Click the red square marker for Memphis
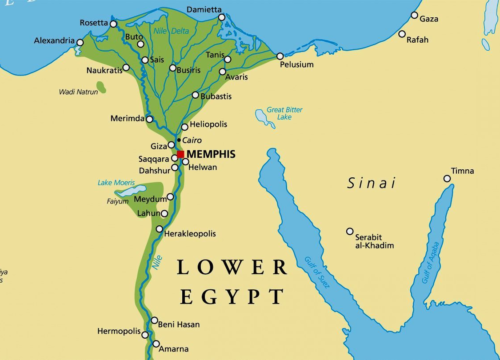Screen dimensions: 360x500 (181, 155)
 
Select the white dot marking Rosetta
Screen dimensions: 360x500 (111, 24)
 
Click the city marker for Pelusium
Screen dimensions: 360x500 (280, 56)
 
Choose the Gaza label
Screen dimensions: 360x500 (429, 19)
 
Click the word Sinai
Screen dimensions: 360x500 (371, 183)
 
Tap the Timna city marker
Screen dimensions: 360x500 (448, 179)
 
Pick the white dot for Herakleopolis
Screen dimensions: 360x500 (159, 229)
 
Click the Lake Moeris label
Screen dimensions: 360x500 (116, 183)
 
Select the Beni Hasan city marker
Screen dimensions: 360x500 (154, 321)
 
